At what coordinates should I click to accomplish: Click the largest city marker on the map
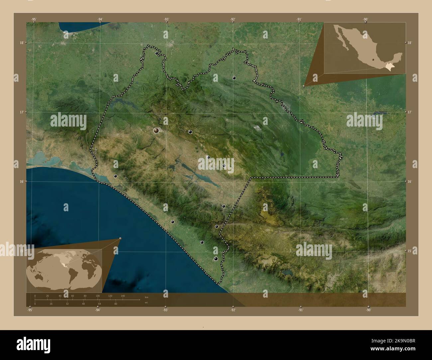click(156, 131)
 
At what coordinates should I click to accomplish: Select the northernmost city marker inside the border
click(157, 53)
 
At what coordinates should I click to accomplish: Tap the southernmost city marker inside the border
click(216, 259)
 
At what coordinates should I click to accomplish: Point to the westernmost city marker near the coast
click(115, 176)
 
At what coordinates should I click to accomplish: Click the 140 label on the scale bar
click(123, 296)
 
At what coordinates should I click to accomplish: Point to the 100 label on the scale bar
click(98, 296)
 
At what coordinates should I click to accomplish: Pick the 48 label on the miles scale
click(85, 304)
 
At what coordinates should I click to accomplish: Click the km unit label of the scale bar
click(146, 297)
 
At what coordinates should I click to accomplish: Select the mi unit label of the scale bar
click(146, 303)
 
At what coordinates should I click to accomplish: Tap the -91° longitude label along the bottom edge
click(300, 310)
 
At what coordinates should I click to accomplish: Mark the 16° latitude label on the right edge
click(410, 181)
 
